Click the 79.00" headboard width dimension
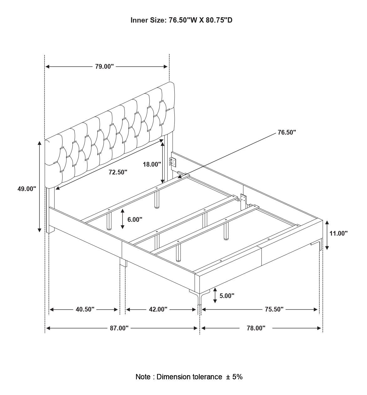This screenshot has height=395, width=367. click(x=105, y=67)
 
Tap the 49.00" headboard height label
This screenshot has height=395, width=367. click(x=27, y=189)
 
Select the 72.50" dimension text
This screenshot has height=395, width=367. click(x=118, y=172)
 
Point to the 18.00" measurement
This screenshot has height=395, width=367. click(x=152, y=164)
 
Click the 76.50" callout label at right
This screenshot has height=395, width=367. click(x=287, y=132)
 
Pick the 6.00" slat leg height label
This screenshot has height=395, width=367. click(x=135, y=220)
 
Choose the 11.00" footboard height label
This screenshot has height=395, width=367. click(x=339, y=233)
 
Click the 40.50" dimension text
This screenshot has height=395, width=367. click(x=85, y=309)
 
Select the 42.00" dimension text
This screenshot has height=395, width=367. click(x=158, y=309)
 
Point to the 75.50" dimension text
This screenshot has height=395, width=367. click(x=274, y=309)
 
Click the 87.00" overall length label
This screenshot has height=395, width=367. click(x=119, y=328)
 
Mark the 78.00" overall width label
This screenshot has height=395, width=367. click(x=256, y=328)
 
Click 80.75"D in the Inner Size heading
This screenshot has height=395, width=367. click(x=219, y=20)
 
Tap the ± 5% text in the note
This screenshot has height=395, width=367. click(x=234, y=377)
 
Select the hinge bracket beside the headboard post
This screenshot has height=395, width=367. click(x=173, y=162)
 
